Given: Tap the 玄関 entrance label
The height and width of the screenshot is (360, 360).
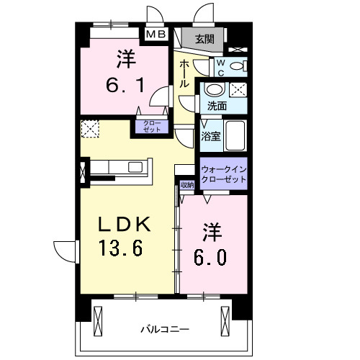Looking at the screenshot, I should pos(204,39).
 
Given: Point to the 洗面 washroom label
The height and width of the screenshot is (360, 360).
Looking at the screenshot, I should pos(217,106).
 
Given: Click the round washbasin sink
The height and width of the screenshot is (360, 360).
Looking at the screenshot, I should pos(214,91).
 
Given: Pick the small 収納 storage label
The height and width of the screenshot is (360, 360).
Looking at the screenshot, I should pos(187,185).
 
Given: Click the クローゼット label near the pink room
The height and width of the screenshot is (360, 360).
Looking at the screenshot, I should pos(150,127).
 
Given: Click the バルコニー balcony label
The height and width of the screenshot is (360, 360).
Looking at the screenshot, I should pos(165,329).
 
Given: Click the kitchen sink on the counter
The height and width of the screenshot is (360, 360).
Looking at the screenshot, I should pos(135,167).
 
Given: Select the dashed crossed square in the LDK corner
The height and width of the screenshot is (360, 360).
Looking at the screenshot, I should pos(90,129).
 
